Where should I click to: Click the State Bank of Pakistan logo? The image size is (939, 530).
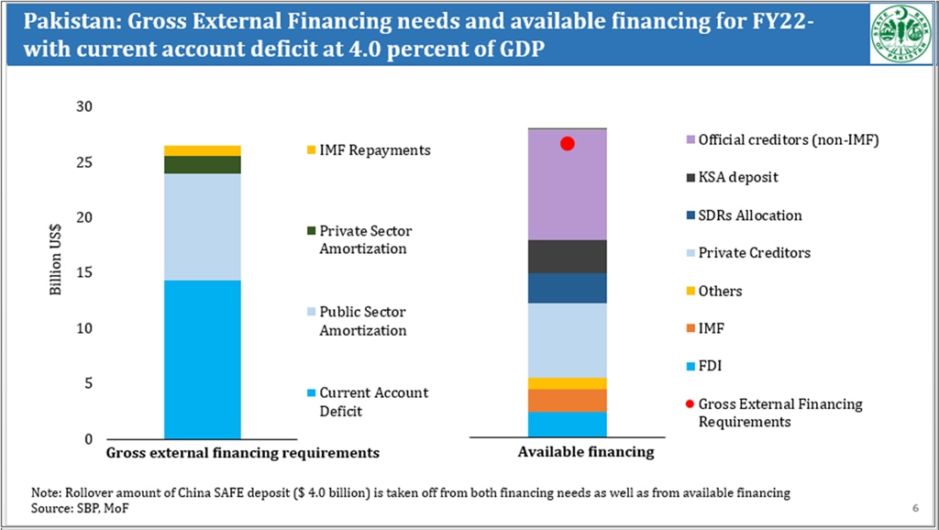[x=900, y=32]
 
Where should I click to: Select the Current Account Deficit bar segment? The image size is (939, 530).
[x=203, y=359]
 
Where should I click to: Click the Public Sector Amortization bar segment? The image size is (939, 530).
[x=203, y=226]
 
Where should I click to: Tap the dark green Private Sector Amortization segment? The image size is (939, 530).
[x=203, y=164]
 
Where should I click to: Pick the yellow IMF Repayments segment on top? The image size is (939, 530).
[x=203, y=150]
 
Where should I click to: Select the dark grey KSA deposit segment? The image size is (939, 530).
[x=567, y=256]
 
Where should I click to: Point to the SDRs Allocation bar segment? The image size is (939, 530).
[x=567, y=288]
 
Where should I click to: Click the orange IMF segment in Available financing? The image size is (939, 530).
[x=567, y=401]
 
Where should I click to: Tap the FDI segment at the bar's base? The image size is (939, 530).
[x=567, y=425]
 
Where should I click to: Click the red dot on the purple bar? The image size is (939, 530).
[x=567, y=144]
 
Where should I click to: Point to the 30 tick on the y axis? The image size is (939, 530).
[x=84, y=107]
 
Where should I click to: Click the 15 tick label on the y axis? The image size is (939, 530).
[x=84, y=273]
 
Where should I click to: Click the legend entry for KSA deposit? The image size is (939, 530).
[x=737, y=178]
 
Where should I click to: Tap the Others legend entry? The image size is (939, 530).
[x=720, y=291]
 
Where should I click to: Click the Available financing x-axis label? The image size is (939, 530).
[x=586, y=452]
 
